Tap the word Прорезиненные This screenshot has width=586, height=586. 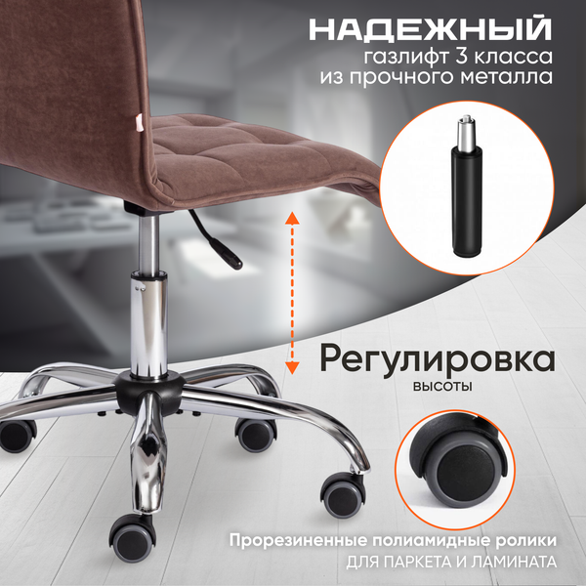pos(294,540)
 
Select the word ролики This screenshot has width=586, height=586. pos(530,540)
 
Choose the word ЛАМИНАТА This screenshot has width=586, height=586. pos(521,563)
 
